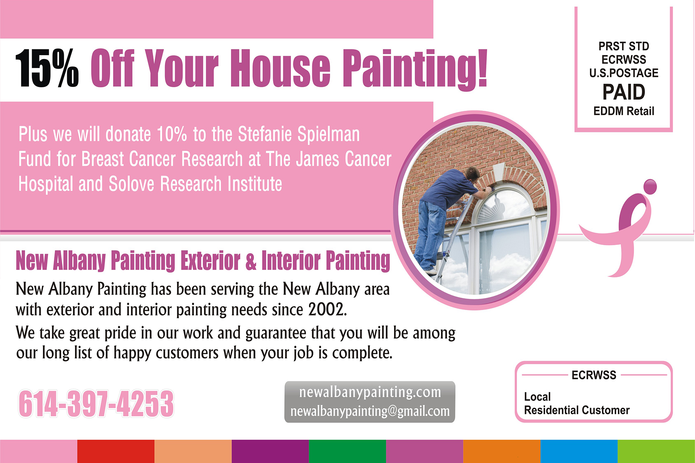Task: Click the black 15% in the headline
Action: tap(47, 68)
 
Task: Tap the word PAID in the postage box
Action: tap(624, 92)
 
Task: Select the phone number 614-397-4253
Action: tap(96, 404)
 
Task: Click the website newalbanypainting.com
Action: tap(370, 392)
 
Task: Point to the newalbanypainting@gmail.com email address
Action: tap(370, 411)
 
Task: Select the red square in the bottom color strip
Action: tap(116, 451)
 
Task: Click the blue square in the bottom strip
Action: tap(579, 451)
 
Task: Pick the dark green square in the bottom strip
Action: tap(347, 451)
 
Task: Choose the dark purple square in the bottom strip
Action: tap(270, 451)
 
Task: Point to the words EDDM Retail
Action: tap(624, 111)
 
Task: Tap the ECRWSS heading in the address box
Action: tap(594, 375)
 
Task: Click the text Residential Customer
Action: tap(577, 410)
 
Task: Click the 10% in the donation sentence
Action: tap(172, 134)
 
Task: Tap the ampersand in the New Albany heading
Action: tap(251, 261)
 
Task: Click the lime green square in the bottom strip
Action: tap(656, 451)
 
